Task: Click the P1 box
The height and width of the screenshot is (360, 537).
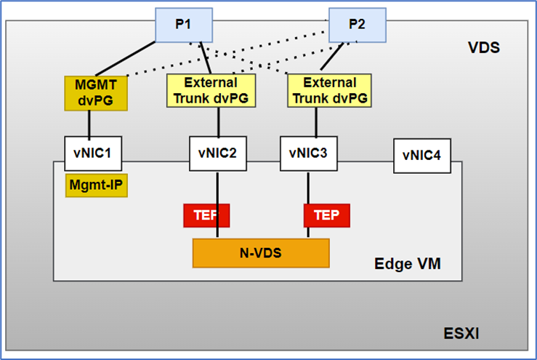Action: point(183,23)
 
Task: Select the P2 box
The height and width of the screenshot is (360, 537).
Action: point(357,23)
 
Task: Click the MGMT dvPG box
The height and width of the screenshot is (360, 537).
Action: point(96,92)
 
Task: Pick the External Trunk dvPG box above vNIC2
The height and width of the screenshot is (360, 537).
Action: point(211,91)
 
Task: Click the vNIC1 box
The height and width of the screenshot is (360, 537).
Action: point(92,153)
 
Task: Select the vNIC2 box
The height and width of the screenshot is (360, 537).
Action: point(217,153)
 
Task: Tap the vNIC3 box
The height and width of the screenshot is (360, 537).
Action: point(308,153)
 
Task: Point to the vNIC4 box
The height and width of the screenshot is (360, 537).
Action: point(421,156)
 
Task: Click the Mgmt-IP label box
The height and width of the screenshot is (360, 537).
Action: point(97,185)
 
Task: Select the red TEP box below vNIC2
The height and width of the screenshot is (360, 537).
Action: point(206,215)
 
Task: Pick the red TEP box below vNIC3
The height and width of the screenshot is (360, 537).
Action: point(326,215)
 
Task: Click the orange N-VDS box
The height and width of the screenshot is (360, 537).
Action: point(260,252)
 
